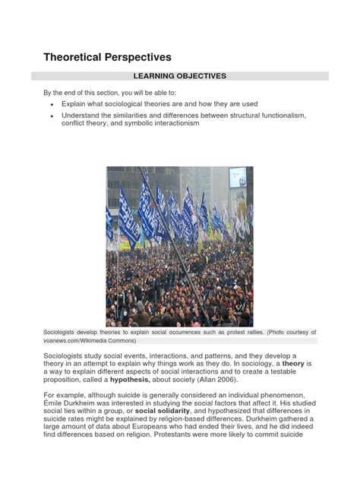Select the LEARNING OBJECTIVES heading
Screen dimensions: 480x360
[x=179, y=76]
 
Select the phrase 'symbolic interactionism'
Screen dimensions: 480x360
[x=159, y=123]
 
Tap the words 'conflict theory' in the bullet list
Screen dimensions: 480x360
[x=86, y=123]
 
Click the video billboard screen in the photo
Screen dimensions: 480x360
[x=238, y=177]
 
